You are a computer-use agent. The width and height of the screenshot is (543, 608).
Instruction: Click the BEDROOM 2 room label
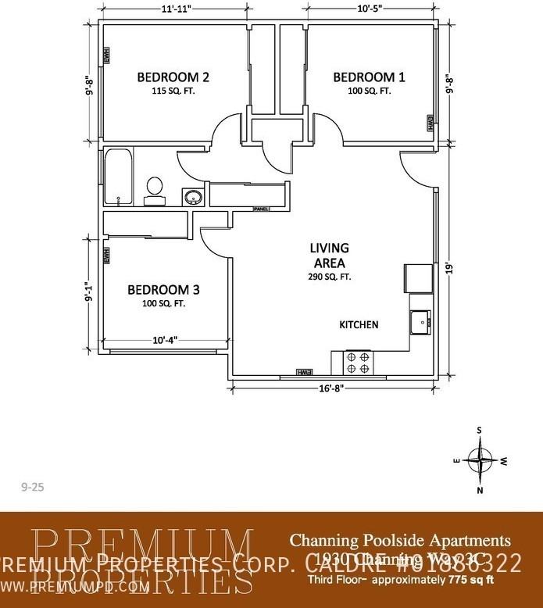(x=173, y=77)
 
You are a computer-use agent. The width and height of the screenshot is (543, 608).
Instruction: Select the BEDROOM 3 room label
(x=163, y=290)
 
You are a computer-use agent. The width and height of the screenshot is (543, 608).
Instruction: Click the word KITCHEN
(x=359, y=324)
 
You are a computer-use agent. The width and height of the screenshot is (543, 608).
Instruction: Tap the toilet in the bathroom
(x=155, y=189)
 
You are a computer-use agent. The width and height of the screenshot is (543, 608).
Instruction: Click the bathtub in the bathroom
(x=117, y=177)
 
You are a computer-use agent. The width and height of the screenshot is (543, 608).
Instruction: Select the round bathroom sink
(x=192, y=197)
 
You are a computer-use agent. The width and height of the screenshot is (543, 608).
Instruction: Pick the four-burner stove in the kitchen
(x=359, y=362)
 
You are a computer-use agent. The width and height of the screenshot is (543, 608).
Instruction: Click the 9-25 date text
(x=32, y=486)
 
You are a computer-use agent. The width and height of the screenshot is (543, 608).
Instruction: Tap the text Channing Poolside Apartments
(x=400, y=540)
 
